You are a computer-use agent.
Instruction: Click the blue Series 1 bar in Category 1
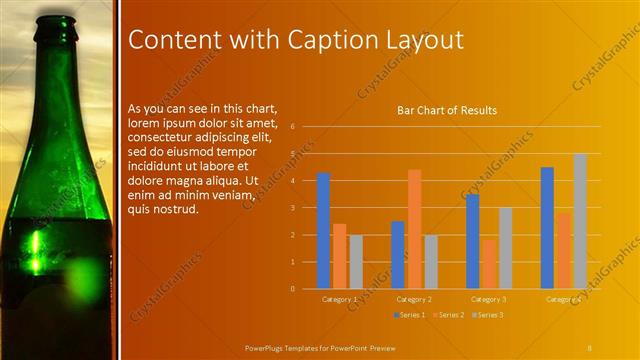[323, 231]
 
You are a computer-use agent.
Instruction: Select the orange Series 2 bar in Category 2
[414, 229]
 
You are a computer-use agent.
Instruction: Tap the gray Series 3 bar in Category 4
[580, 221]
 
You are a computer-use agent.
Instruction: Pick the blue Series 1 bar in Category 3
[472, 241]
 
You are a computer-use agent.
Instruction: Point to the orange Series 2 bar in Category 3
[488, 264]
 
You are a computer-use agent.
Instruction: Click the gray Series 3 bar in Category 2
[430, 262]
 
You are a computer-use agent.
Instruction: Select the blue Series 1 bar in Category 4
[547, 228]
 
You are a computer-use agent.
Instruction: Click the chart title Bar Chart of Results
[446, 110]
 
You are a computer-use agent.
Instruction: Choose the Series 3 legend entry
[486, 315]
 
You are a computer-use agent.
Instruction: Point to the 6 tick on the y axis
[292, 127]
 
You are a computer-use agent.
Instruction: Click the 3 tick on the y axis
[292, 208]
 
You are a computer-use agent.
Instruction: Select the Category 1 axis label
[339, 299]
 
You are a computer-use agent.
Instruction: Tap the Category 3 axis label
[488, 299]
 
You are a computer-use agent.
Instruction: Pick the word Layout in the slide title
[422, 40]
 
